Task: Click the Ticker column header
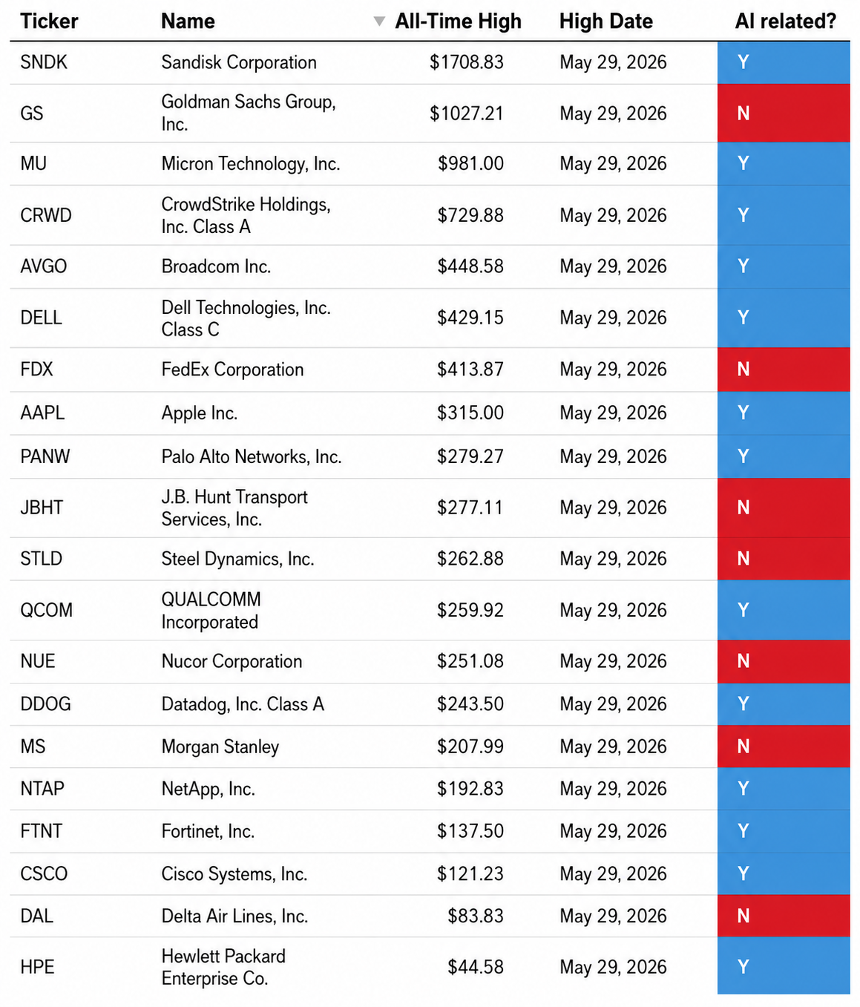pyautogui.click(x=49, y=22)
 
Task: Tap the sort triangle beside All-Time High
pyautogui.click(x=379, y=22)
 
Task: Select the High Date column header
pyautogui.click(x=605, y=22)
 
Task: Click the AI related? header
pyautogui.click(x=786, y=22)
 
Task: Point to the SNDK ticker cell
pyautogui.click(x=44, y=62)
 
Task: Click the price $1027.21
pyautogui.click(x=466, y=114)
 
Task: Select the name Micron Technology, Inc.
pyautogui.click(x=251, y=164)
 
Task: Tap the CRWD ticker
pyautogui.click(x=46, y=215)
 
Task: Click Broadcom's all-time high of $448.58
pyautogui.click(x=470, y=266)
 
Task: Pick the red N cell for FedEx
pyautogui.click(x=784, y=370)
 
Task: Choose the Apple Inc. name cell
pyautogui.click(x=200, y=413)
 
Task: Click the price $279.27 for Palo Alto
pyautogui.click(x=470, y=456)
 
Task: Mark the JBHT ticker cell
pyautogui.click(x=42, y=508)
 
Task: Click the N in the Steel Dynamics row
pyautogui.click(x=743, y=558)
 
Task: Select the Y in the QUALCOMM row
pyautogui.click(x=743, y=610)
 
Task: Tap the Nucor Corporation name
pyautogui.click(x=232, y=662)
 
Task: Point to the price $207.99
pyautogui.click(x=470, y=747)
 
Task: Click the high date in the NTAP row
pyautogui.click(x=613, y=789)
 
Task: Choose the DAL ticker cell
pyautogui.click(x=37, y=916)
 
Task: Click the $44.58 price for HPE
pyautogui.click(x=476, y=967)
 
